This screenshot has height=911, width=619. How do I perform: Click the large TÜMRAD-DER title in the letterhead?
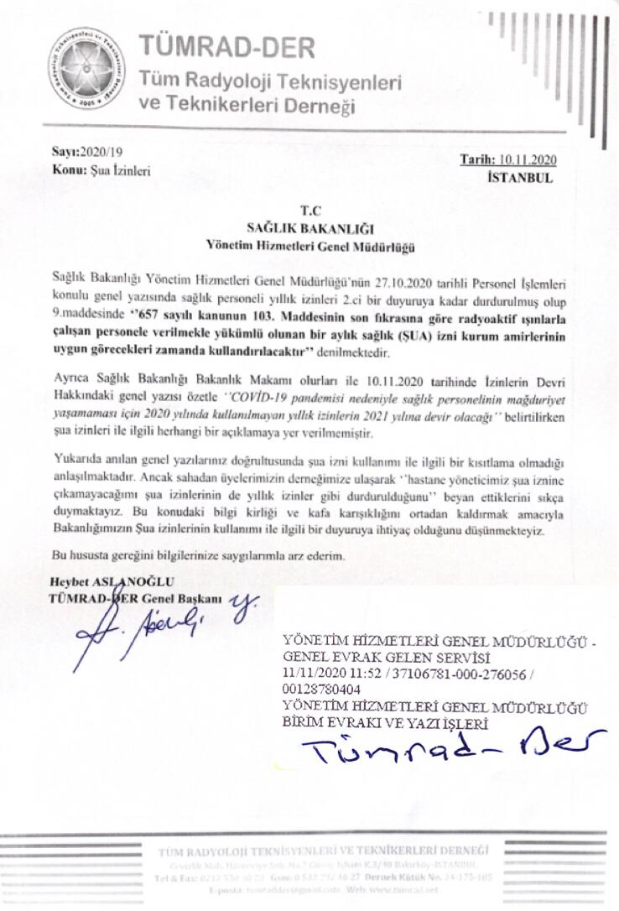tap(226, 46)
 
